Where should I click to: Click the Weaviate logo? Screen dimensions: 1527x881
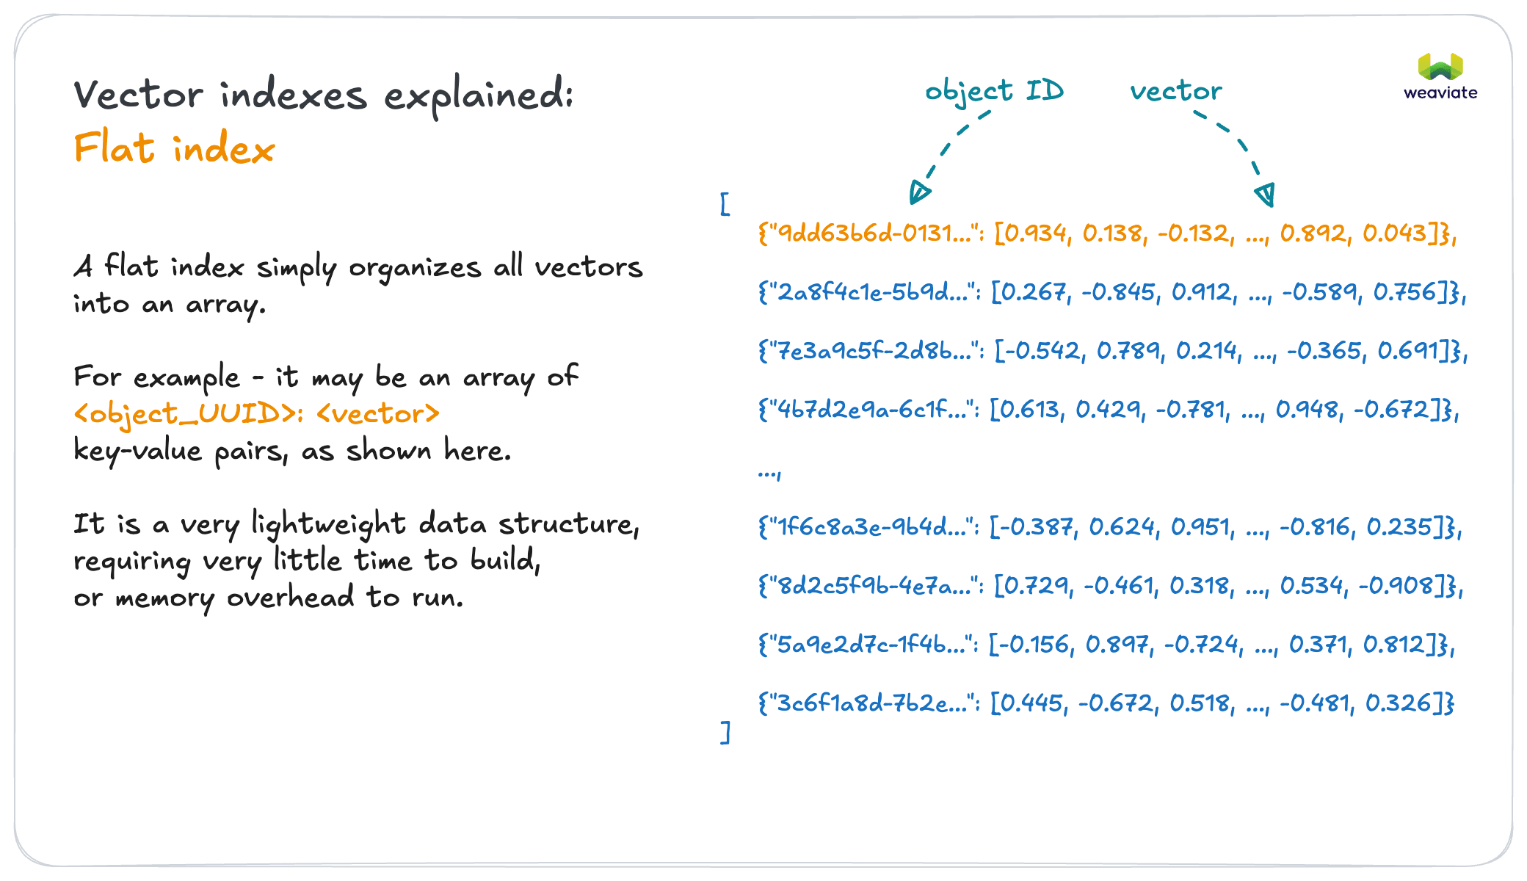[x=1440, y=76]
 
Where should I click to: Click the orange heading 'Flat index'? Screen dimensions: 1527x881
[x=174, y=148]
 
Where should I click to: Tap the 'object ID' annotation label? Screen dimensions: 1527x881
[x=994, y=91]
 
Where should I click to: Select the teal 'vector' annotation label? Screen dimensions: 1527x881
[x=1176, y=91]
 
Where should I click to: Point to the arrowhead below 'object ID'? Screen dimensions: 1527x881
[x=918, y=192]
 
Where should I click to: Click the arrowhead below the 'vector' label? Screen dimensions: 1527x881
[x=1265, y=195]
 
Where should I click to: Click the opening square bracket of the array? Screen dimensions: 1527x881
[x=725, y=204]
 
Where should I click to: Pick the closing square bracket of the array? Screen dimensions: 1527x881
[x=725, y=732]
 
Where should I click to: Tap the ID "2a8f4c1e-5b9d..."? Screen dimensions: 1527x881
[x=871, y=292]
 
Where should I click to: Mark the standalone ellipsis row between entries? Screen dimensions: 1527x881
[x=769, y=472]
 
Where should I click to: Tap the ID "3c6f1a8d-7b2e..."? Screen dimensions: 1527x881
[x=871, y=703]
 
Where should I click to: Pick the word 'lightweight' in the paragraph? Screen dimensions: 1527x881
[x=328, y=524]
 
